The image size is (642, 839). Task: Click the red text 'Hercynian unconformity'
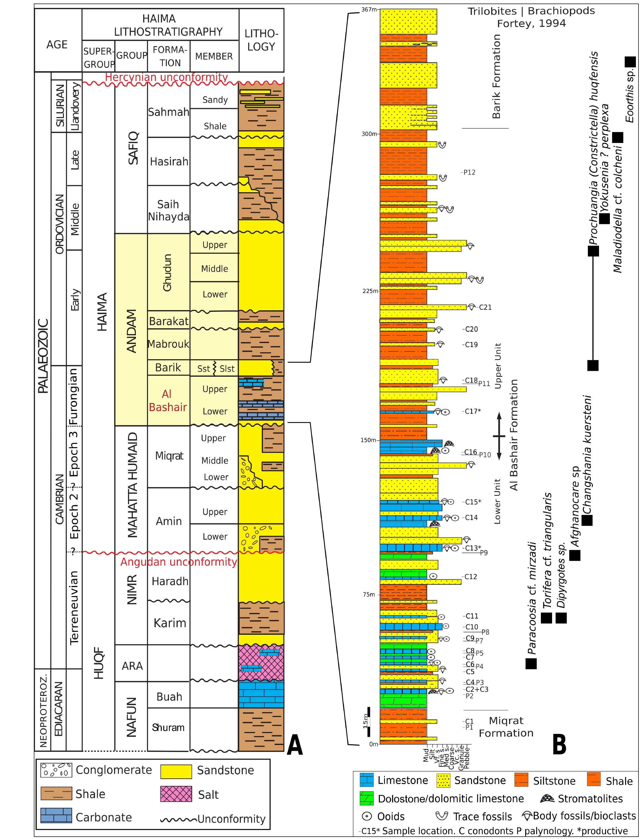[166, 77]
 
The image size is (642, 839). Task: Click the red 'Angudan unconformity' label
[179, 562]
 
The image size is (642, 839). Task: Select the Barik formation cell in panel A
[168, 367]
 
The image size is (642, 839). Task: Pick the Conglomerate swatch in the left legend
[56, 770]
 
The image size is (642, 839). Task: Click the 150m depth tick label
[368, 440]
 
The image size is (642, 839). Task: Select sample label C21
[485, 307]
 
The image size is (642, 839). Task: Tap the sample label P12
[469, 172]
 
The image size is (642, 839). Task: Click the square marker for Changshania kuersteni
[587, 520]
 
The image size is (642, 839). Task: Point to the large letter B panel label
[559, 745]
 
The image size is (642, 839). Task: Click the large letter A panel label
[295, 746]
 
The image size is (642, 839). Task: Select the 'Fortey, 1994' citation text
[531, 24]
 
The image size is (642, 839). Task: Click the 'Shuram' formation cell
[168, 728]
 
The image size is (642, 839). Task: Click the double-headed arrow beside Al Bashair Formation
[499, 436]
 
